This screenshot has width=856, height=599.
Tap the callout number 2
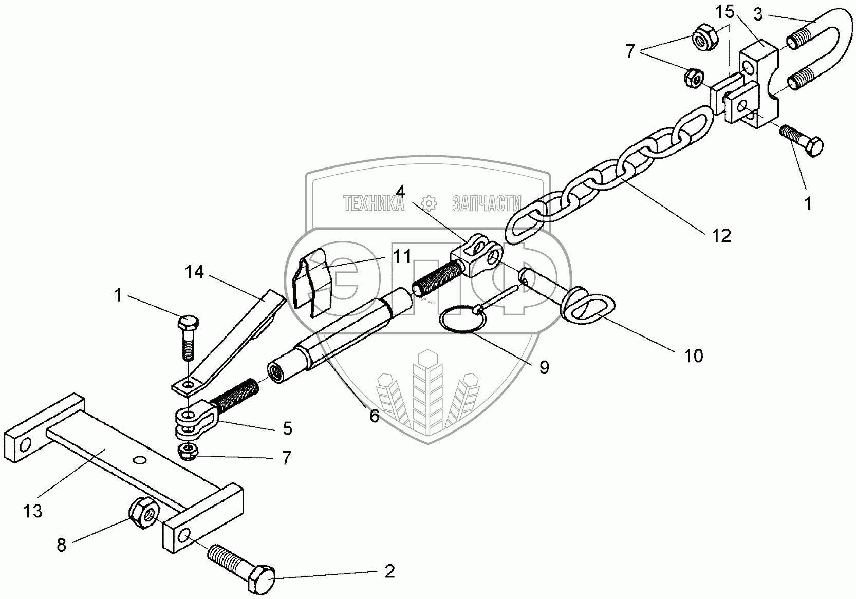[x=390, y=571]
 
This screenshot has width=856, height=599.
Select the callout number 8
[x=62, y=545]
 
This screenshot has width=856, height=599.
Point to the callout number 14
[x=195, y=272]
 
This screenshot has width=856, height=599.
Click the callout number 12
[x=721, y=235]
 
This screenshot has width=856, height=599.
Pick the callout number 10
[x=694, y=355]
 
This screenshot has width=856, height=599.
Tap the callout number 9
[x=544, y=367]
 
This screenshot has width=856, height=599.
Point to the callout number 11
[x=402, y=256]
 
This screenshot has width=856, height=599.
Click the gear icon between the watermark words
[x=428, y=203]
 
